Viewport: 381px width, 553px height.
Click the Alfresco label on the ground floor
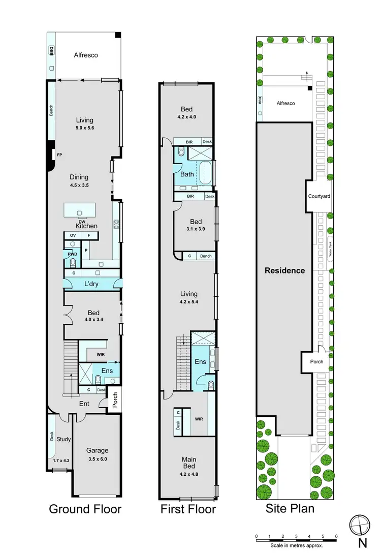(x=85, y=55)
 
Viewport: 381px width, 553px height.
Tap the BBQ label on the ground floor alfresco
(x=51, y=51)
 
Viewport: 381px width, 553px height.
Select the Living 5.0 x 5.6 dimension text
(x=84, y=129)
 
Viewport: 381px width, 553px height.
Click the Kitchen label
(x=86, y=226)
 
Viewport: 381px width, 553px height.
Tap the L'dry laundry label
(x=91, y=284)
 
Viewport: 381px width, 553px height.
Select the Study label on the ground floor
(x=63, y=439)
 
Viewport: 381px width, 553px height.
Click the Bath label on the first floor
(x=187, y=174)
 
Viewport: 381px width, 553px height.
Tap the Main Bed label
(x=189, y=464)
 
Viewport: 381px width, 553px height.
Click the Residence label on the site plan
(x=285, y=270)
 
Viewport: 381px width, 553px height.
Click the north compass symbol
(x=359, y=525)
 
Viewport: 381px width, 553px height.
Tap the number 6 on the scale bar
(x=336, y=536)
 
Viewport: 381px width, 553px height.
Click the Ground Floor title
(x=85, y=509)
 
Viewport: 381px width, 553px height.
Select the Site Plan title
(x=290, y=508)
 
